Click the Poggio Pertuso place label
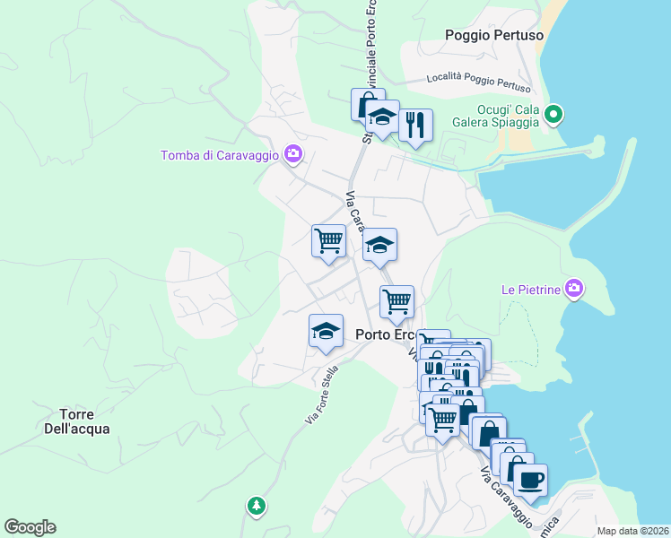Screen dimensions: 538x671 494,35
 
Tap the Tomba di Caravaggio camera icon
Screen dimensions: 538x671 292,154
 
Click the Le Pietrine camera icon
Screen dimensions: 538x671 574,289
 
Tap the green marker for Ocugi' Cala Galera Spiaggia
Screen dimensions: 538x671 553,114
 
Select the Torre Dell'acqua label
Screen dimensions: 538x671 84,421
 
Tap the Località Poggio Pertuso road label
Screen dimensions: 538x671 479,82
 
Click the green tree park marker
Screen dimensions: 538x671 257,506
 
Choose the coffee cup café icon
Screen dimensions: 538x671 530,479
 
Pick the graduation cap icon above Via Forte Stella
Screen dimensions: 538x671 326,331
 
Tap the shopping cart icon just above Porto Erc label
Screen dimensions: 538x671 396,302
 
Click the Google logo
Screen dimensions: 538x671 30,527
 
